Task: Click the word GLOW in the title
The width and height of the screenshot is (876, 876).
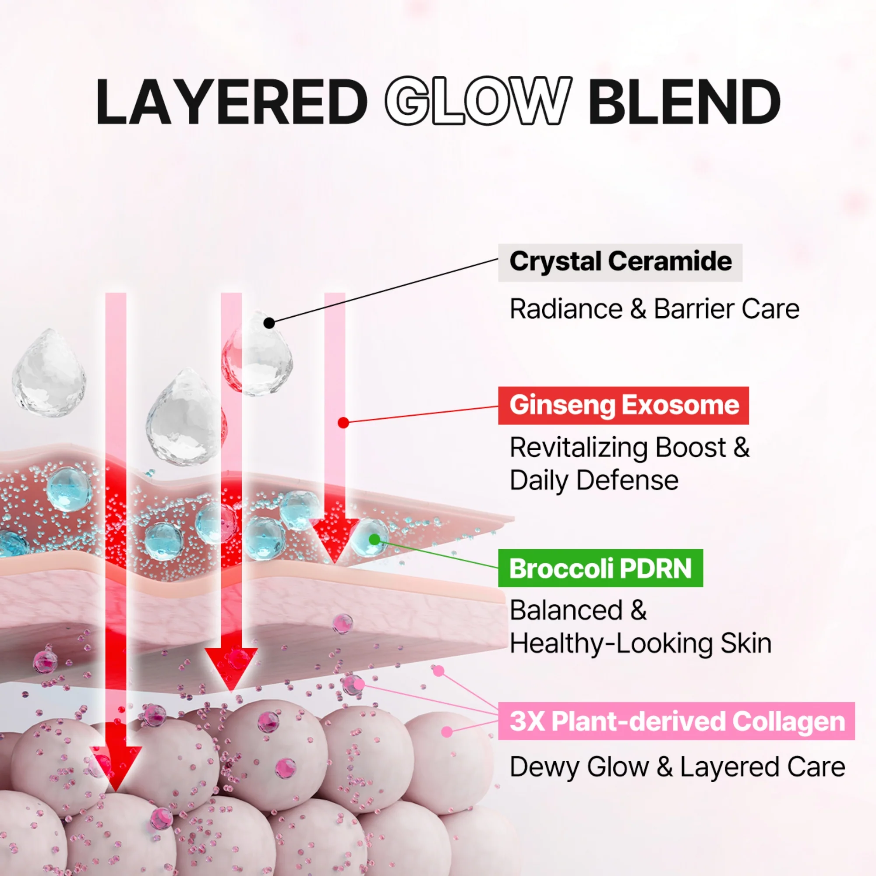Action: [478, 101]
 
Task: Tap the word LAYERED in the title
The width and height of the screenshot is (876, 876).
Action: [232, 101]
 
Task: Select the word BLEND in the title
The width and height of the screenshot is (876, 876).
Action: [685, 101]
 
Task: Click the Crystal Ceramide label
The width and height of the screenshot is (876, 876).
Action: [620, 262]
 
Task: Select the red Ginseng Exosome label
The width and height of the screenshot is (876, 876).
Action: [623, 405]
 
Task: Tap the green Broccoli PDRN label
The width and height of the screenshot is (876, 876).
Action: [601, 568]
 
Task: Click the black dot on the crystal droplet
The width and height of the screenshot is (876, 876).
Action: [269, 323]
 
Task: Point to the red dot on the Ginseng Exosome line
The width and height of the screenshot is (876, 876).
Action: [343, 423]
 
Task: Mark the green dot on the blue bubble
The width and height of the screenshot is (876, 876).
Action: [374, 539]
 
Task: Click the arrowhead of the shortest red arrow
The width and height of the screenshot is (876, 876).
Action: [335, 540]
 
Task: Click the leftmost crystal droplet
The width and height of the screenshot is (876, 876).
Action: [49, 373]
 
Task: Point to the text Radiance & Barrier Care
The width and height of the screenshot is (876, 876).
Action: [654, 309]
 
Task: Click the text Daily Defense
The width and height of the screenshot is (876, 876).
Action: [594, 480]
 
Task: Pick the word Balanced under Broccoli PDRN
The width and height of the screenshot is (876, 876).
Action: [566, 610]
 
